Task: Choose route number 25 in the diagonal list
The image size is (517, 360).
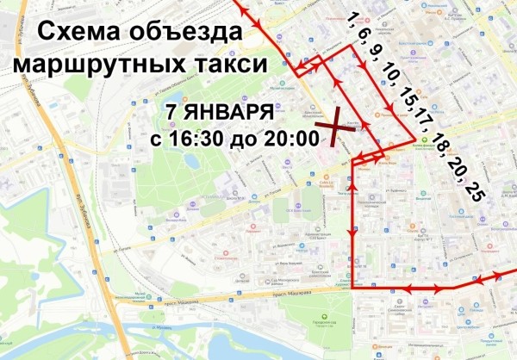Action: tap(474, 191)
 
